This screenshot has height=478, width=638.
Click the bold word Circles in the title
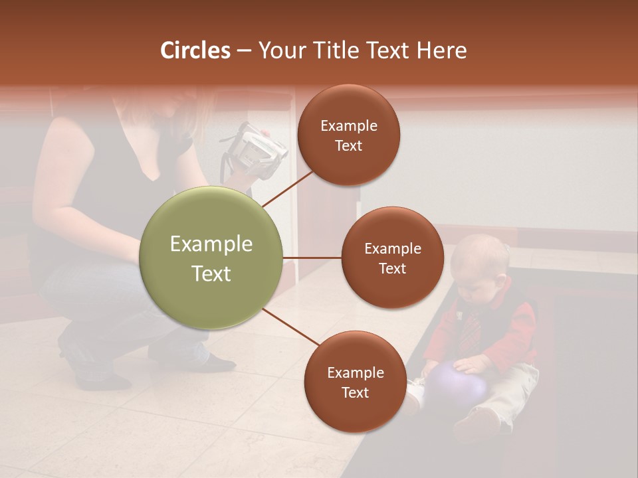pyautogui.click(x=195, y=50)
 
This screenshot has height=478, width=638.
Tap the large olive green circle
pyautogui.click(x=211, y=258)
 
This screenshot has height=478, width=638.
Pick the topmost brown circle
pyautogui.click(x=348, y=135)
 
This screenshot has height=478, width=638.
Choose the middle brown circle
pyautogui.click(x=392, y=258)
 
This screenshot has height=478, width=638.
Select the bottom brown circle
pyautogui.click(x=355, y=382)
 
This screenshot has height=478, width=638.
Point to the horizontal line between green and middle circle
pyautogui.click(x=312, y=258)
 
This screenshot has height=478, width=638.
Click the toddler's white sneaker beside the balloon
pyautogui.click(x=414, y=394)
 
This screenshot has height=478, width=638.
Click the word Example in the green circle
pyautogui.click(x=211, y=244)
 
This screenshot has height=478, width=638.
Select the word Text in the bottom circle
pyautogui.click(x=355, y=392)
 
